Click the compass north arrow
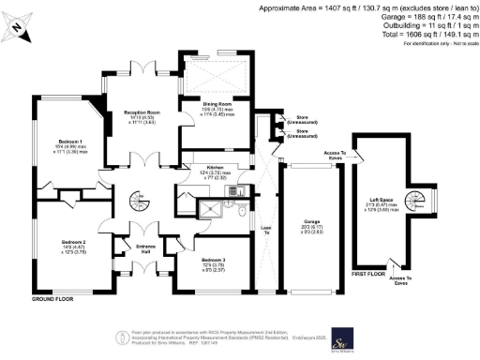(x=22, y=31)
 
